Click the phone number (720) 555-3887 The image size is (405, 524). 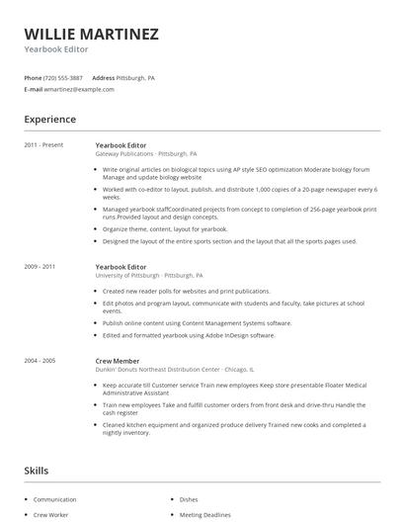[x=63, y=77]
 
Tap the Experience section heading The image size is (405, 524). [x=50, y=120]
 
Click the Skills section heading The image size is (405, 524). [x=37, y=472]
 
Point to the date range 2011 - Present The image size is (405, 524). [x=43, y=145]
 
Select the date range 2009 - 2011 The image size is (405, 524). [x=40, y=266]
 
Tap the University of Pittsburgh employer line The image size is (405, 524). [x=149, y=275]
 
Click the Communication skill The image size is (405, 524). [x=54, y=500]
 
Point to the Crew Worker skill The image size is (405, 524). [x=52, y=515]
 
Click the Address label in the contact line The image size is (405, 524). [x=103, y=77]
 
